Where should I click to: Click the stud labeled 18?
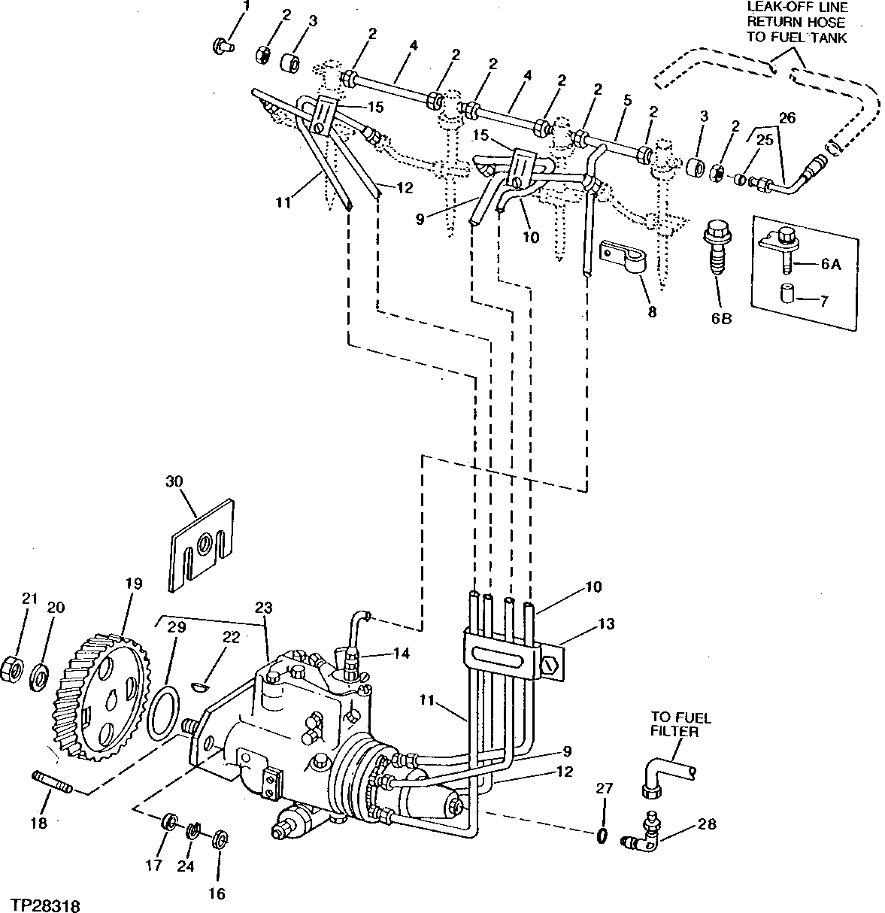51,781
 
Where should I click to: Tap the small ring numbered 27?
602,836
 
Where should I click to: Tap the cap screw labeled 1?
220,45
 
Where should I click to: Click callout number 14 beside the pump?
401,654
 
